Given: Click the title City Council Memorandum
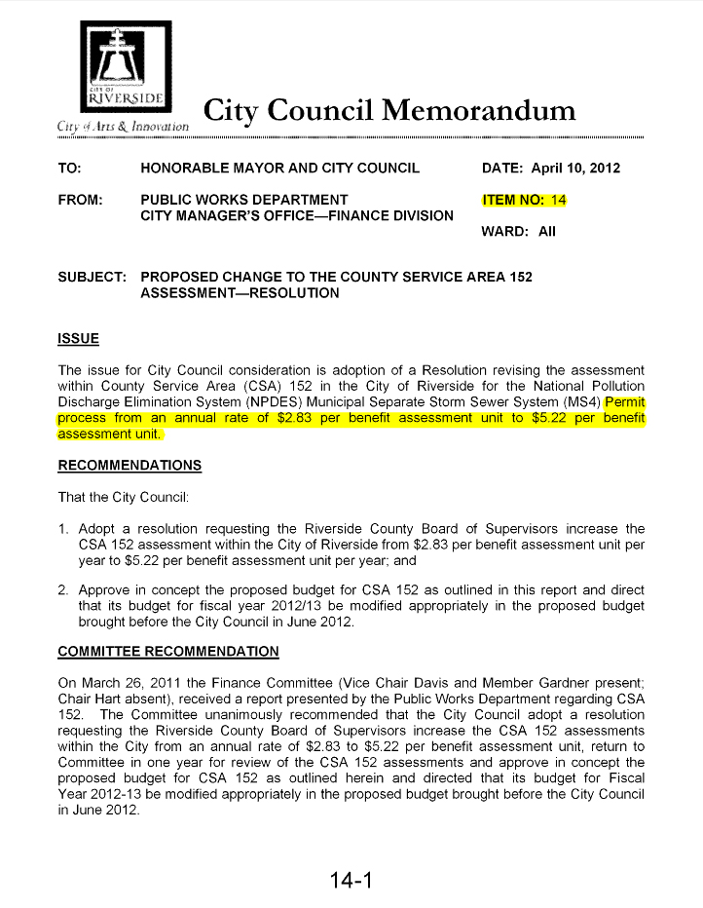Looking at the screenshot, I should tap(389, 110).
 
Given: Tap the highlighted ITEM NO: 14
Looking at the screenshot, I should tap(524, 201).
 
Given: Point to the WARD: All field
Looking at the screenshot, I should tap(520, 233).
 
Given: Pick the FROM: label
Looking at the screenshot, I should tap(81, 201).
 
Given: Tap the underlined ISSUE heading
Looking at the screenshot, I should tap(79, 339).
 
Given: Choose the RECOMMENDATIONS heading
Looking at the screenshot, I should tap(129, 465).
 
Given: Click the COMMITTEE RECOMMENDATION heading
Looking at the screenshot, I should tap(167, 651).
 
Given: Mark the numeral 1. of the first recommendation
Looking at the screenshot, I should tap(64, 530).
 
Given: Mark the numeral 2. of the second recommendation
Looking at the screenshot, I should tap(64, 590).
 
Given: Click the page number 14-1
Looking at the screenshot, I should tap(351, 882).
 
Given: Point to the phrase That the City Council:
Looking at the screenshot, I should tap(122, 498).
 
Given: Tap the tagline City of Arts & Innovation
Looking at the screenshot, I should tap(122, 128).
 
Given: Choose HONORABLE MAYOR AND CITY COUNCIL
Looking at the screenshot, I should tap(279, 168).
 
